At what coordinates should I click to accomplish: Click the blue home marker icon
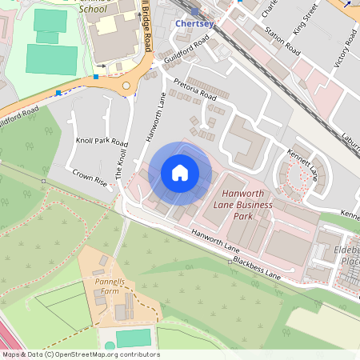click(x=179, y=173)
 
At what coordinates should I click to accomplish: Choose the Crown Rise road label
click(x=90, y=177)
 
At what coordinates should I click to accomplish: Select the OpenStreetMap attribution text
click(x=80, y=354)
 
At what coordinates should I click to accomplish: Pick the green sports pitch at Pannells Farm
click(x=133, y=338)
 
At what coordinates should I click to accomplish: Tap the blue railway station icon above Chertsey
click(x=195, y=11)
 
